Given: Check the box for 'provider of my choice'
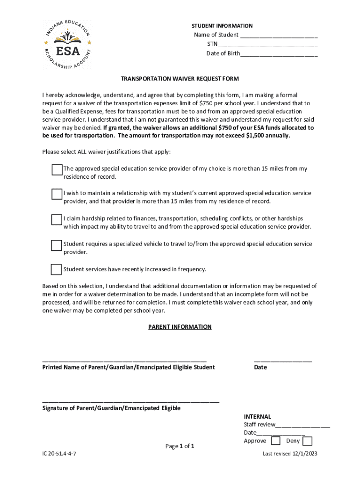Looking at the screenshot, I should [57, 170].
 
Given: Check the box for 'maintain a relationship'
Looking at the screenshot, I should [57, 194].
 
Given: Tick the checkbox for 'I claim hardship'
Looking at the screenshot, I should [57, 220].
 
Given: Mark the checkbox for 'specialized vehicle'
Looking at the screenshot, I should [57, 245].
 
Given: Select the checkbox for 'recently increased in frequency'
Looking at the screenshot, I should [56, 269].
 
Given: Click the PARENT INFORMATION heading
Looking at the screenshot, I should [180, 327].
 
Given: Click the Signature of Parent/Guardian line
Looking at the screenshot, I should [130, 401].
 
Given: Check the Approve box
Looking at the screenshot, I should [276, 441].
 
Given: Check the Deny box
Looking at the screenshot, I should [307, 441].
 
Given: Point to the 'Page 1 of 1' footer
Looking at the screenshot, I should [180, 446].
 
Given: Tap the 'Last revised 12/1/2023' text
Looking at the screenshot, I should [290, 454].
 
